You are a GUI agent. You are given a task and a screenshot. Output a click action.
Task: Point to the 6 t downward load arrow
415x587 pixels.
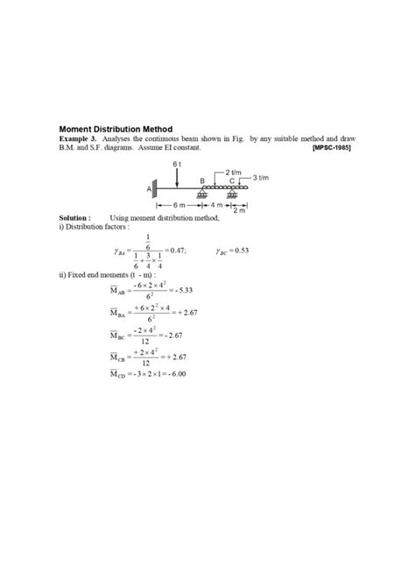pyautogui.click(x=176, y=177)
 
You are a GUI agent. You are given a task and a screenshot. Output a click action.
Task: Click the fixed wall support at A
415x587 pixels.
pyautogui.click(x=155, y=188)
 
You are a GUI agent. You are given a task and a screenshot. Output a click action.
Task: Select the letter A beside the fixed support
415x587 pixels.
pyautogui.click(x=148, y=189)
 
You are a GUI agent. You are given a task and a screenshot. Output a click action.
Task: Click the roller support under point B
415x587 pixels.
pyautogui.click(x=202, y=194)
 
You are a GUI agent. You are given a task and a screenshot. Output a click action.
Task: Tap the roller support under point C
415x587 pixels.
pyautogui.click(x=232, y=194)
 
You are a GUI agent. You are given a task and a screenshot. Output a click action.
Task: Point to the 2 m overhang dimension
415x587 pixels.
pyautogui.click(x=239, y=211)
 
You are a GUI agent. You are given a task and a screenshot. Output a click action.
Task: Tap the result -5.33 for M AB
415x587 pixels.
pyautogui.click(x=179, y=290)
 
